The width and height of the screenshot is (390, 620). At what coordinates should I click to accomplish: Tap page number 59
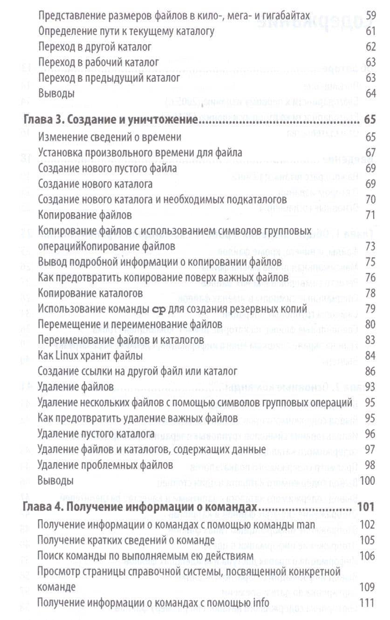coord(371,16)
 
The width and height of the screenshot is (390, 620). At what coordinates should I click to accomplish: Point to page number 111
coord(368,603)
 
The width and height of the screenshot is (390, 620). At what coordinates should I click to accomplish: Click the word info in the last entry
coord(261,603)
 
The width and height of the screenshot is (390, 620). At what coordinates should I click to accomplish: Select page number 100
coord(368,481)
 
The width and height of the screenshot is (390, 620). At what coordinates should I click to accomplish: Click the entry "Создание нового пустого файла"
coord(107,168)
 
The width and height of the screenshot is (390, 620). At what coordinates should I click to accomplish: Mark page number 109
coord(368,587)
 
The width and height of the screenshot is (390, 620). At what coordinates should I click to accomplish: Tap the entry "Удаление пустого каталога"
coord(96,434)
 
